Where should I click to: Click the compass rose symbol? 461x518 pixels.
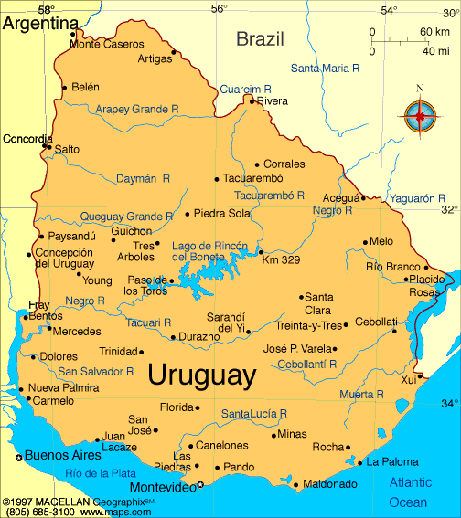coord(420,116)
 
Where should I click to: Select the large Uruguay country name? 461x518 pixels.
coord(200,375)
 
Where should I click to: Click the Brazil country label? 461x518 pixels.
coord(261,38)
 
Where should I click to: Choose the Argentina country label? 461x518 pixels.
coord(40,23)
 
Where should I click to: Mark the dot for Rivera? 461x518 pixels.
coord(252,100)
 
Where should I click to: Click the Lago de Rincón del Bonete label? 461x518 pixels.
coord(210,251)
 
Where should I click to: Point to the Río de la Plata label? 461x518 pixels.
coord(101,472)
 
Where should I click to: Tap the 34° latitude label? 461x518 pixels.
coord(448,403)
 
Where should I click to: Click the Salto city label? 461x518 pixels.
coord(67,148)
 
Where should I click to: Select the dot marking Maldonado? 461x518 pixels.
coord(295,484)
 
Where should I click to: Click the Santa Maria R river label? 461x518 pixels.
coord(325,69)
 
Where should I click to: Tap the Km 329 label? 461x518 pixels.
coord(281,260)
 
